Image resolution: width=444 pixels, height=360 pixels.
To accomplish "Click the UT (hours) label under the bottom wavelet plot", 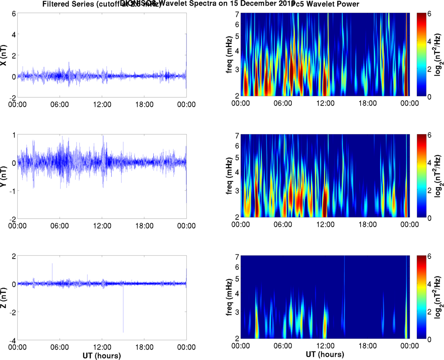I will point(325,353).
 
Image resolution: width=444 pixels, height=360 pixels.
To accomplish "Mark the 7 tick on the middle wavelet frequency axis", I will point(237,135).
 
